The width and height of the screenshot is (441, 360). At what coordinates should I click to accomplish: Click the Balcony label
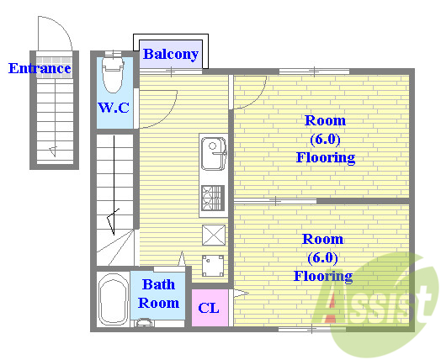click(171, 54)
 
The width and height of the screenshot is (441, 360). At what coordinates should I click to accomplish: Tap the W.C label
click(114, 108)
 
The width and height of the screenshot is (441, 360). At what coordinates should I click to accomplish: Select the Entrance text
click(40, 68)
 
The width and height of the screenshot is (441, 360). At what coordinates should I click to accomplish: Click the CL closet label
click(209, 309)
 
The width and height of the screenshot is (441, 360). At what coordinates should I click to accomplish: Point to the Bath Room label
click(158, 294)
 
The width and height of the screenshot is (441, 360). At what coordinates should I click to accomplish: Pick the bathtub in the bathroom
click(113, 299)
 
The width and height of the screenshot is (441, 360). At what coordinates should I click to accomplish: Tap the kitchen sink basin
click(214, 154)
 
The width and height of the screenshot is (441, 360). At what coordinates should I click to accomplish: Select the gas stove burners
click(213, 199)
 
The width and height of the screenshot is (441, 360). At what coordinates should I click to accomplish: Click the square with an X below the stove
click(214, 235)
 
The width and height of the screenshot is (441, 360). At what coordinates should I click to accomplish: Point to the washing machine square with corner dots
click(213, 266)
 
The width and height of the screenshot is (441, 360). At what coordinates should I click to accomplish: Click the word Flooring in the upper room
click(326, 157)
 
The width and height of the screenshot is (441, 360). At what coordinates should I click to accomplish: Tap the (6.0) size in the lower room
click(322, 258)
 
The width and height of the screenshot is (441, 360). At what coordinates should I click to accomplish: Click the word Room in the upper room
click(325, 120)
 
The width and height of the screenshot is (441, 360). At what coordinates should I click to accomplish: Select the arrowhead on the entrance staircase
click(53, 151)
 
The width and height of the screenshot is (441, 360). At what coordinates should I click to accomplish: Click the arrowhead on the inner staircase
click(113, 222)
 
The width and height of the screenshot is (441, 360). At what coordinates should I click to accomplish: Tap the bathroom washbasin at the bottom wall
click(144, 323)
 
